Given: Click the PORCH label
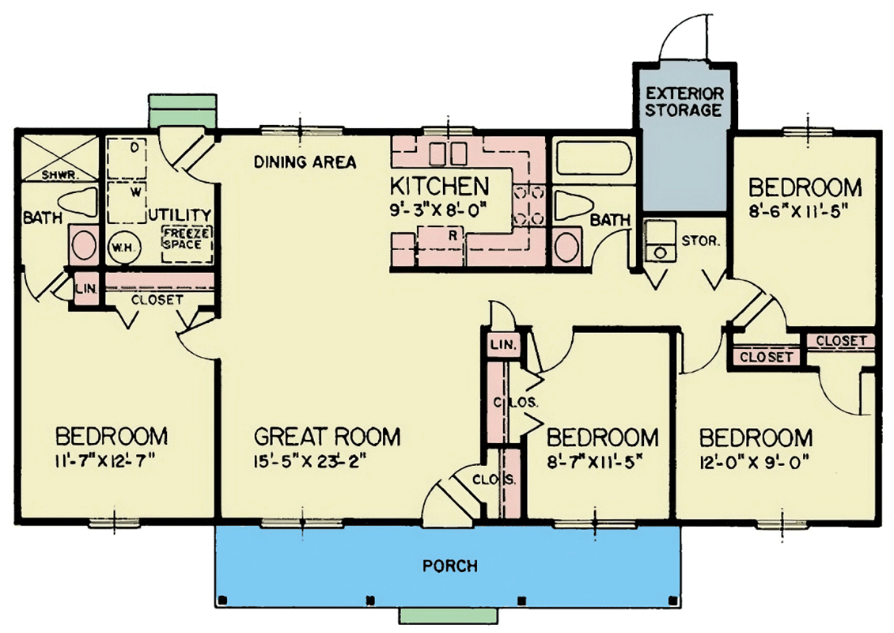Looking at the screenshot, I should (449, 566).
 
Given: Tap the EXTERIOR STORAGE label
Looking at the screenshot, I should (683, 102).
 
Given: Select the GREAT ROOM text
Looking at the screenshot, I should (327, 436).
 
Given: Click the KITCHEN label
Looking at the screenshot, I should (439, 188).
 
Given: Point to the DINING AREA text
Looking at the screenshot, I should (305, 162).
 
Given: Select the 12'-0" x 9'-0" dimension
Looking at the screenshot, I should (756, 461).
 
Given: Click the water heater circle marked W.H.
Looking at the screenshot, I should (123, 246).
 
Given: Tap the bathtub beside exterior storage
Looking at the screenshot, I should (592, 161).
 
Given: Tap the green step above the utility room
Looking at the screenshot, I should (181, 111).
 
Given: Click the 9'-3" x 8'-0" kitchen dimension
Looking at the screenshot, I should (440, 210).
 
